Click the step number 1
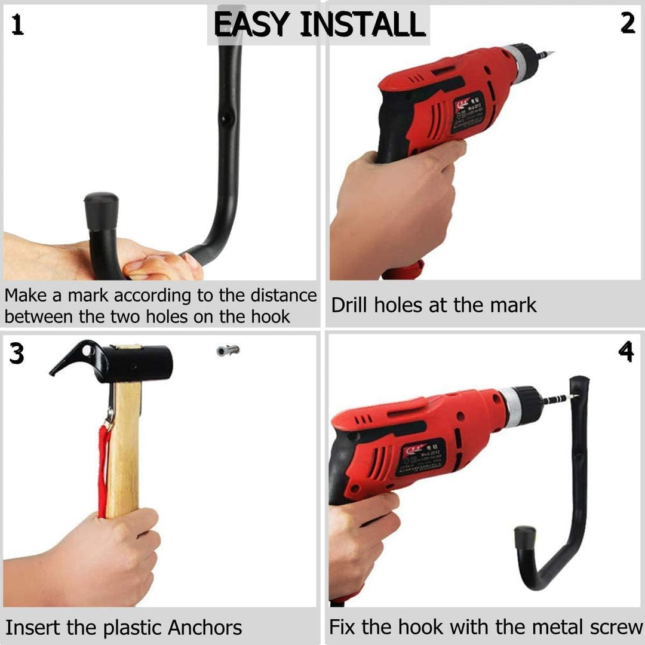18,26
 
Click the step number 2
628,23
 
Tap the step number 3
17,354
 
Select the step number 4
626,352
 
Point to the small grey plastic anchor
228,350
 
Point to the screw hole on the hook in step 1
226,118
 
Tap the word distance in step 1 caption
283,296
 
